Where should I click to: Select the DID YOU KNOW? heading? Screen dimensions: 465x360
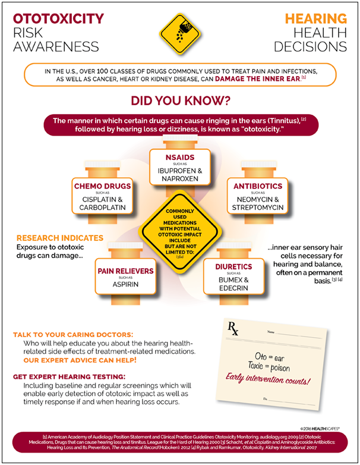tap(180, 99)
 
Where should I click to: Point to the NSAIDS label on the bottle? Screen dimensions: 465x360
tap(179, 158)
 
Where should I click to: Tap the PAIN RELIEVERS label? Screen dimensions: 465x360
tap(125, 271)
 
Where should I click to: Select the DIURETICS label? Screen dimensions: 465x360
tap(233, 266)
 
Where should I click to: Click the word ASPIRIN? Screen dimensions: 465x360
tap(125, 285)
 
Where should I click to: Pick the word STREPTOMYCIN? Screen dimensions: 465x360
tap(258, 208)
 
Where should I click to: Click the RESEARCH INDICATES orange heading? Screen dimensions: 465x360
tap(59, 238)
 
